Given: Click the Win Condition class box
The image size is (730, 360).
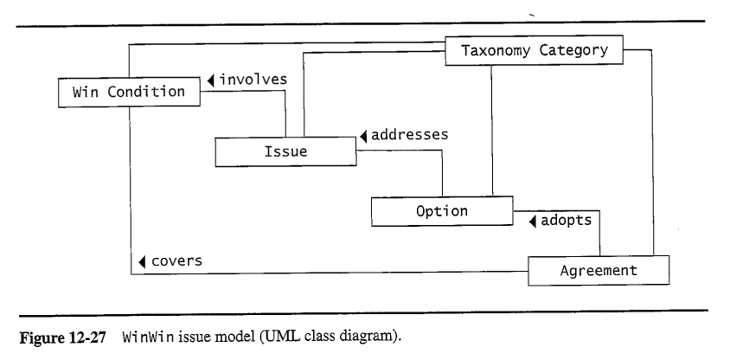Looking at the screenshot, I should click(128, 92).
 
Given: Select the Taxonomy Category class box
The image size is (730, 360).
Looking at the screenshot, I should click(534, 50).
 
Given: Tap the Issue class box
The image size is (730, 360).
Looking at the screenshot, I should click(285, 152).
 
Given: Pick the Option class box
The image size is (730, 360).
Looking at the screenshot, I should click(441, 210).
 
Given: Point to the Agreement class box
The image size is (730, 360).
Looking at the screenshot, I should click(599, 270).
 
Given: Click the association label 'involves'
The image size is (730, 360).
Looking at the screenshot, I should click(253, 80).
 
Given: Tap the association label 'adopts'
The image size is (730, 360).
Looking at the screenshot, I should click(566, 220).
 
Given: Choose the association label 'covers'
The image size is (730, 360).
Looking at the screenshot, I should click(176, 260).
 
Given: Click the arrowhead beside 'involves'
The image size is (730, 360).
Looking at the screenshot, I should click(210, 80).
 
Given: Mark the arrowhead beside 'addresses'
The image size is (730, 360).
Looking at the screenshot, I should click(364, 138).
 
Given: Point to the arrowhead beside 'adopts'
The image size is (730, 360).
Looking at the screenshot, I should click(531, 221).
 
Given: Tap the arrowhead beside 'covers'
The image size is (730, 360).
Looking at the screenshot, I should click(141, 261).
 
